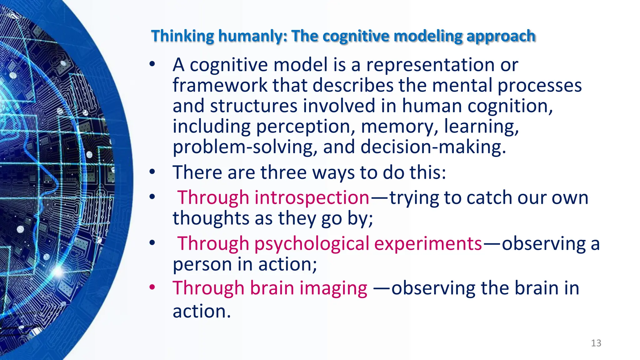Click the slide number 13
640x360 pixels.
(x=596, y=343)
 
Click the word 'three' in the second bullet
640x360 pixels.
(x=284, y=172)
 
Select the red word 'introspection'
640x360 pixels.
(x=312, y=197)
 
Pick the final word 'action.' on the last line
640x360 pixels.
(x=202, y=311)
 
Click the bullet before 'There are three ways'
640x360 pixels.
(x=152, y=172)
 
